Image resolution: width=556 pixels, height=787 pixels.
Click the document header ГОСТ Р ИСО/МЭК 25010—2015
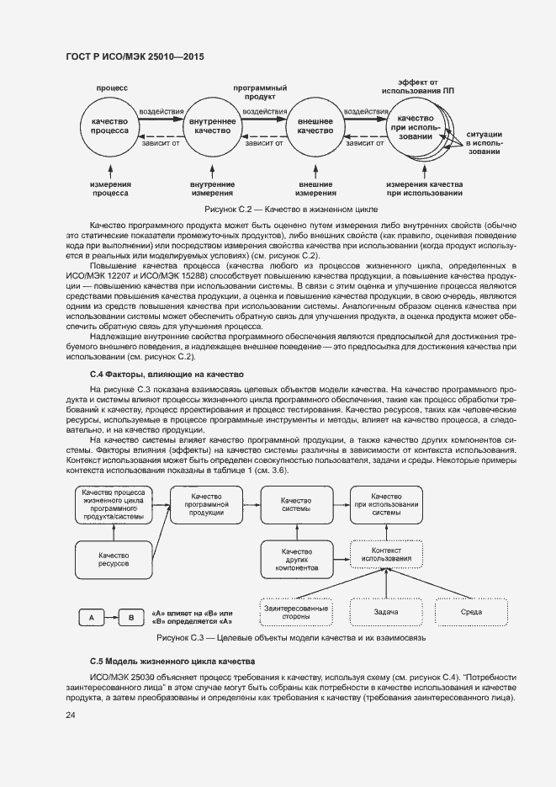pyautogui.click(x=135, y=57)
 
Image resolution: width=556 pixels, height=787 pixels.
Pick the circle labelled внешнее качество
pyautogui.click(x=315, y=126)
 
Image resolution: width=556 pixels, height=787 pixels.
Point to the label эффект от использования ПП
pyautogui.click(x=418, y=87)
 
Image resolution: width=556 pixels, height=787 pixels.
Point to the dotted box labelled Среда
pyautogui.click(x=471, y=612)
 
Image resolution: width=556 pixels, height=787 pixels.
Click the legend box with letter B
pyautogui.click(x=130, y=618)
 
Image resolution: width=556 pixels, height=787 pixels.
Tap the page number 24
pyautogui.click(x=71, y=715)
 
